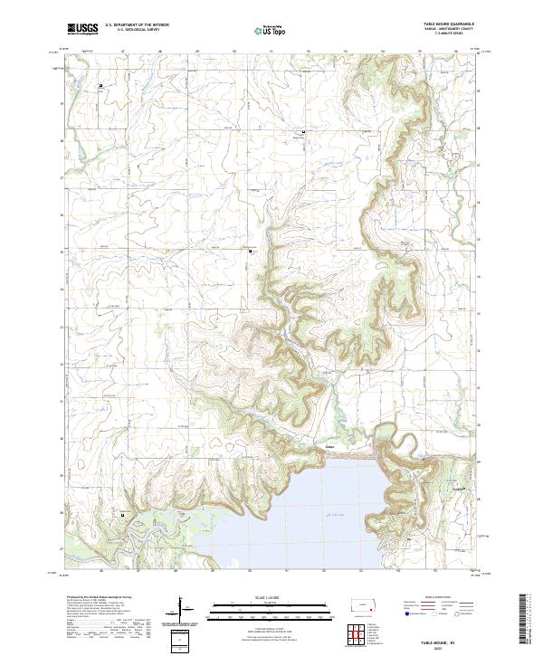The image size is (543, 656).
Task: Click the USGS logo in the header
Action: [x=83, y=29]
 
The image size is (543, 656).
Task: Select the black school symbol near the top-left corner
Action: [x=101, y=86]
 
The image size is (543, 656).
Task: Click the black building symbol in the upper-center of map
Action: [x=303, y=133]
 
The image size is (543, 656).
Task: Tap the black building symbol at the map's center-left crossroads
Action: [x=251, y=250]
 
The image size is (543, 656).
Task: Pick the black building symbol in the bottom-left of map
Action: [x=123, y=516]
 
